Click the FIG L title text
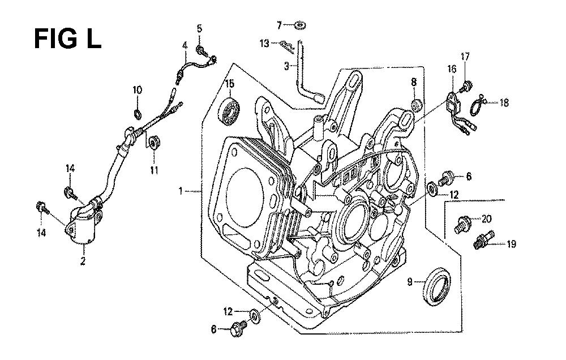[67, 39]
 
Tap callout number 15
[230, 84]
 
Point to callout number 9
[409, 281]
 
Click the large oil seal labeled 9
[436, 286]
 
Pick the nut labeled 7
[299, 25]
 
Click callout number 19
[511, 245]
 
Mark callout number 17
[465, 57]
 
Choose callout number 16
[452, 68]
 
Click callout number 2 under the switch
[83, 261]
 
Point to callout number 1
[181, 191]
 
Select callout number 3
[286, 66]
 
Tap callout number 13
[264, 44]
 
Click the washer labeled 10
[137, 114]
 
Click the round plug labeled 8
[417, 106]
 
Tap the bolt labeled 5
[201, 50]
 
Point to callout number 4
[185, 46]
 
